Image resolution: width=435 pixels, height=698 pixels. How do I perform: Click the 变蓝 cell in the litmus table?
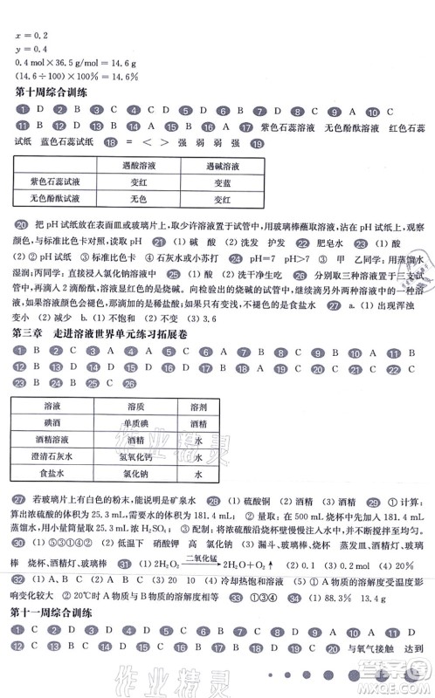tap(223, 182)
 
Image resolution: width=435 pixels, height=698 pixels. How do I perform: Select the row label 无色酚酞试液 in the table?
tap(56, 200)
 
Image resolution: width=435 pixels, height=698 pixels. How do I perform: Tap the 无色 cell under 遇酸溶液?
tap(136, 200)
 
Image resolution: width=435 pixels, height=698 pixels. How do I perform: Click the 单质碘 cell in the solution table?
tap(135, 424)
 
